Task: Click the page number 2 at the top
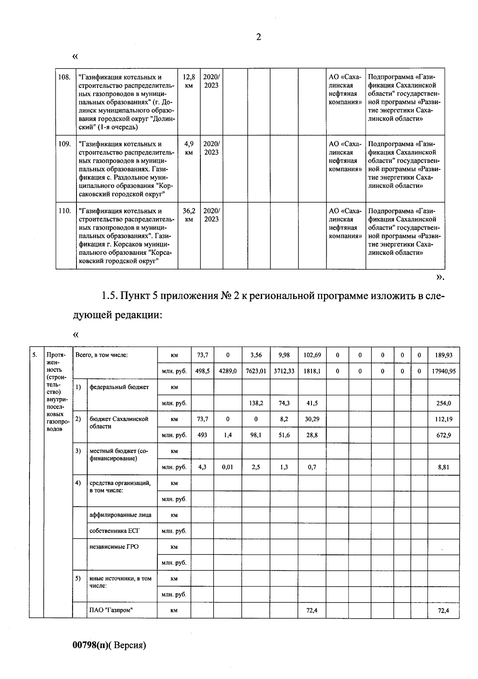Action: [x=259, y=37]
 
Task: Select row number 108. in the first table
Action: [x=65, y=77]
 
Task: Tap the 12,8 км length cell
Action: [x=189, y=81]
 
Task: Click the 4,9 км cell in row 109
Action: [x=189, y=148]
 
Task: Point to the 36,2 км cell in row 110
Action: [x=189, y=215]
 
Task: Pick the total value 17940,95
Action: [x=443, y=371]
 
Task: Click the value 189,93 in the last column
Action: [x=443, y=355]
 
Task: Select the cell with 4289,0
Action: [x=227, y=371]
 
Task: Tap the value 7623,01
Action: [x=256, y=371]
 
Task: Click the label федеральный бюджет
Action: [x=119, y=387]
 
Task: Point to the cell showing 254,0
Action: [x=443, y=403]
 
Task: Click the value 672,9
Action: [x=443, y=435]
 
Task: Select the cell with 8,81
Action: [x=443, y=467]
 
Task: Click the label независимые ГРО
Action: [x=114, y=546]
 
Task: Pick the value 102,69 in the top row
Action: [x=312, y=355]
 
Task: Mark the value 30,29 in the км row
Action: [x=312, y=419]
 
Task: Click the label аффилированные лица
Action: [x=120, y=515]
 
